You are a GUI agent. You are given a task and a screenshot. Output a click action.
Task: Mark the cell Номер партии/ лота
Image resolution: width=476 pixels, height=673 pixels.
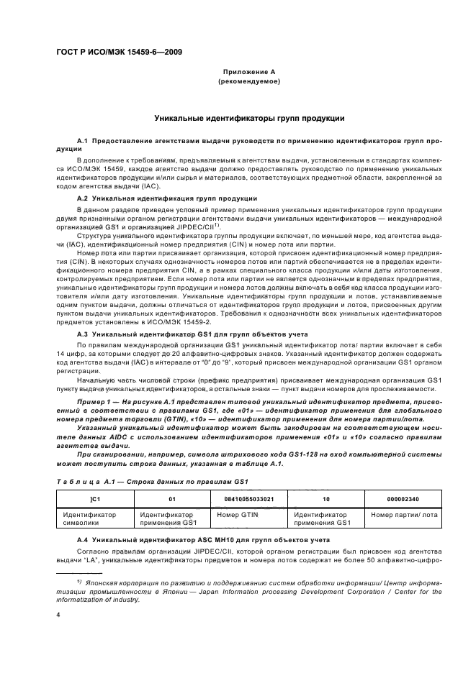403,515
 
